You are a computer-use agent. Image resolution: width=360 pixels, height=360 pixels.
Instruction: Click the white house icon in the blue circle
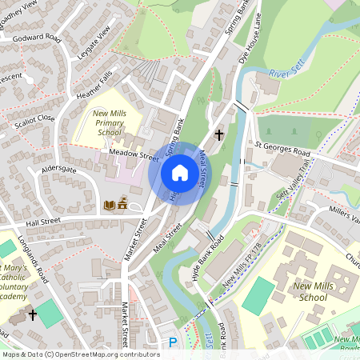point(180,173)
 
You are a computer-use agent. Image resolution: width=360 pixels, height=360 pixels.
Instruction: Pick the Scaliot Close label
point(29,118)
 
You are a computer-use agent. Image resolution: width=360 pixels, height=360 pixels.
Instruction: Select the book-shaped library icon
point(109,206)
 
